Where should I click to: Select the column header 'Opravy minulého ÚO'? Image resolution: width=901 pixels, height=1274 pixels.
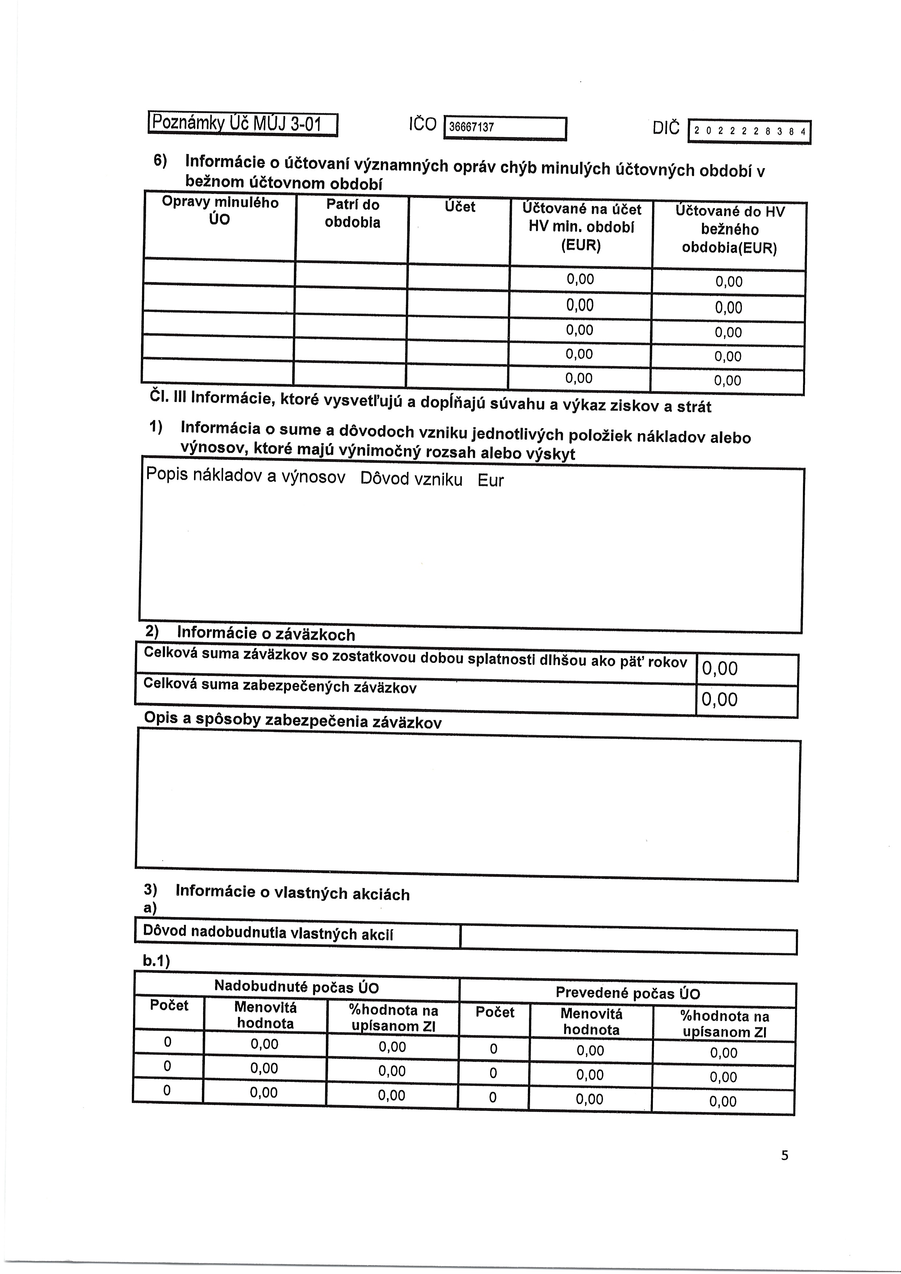pos(220,211)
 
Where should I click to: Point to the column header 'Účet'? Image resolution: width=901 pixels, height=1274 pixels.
pos(460,207)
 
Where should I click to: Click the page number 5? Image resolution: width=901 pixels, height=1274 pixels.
pos(784,1155)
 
